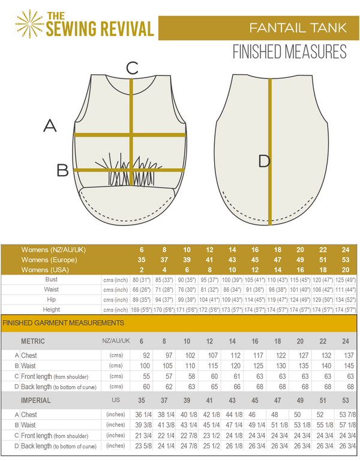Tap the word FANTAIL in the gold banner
point(276,28)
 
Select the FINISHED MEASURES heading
point(289,53)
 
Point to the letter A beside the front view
point(50,125)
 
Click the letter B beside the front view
point(62,171)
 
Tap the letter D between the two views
point(264,161)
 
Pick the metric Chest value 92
point(146,355)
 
